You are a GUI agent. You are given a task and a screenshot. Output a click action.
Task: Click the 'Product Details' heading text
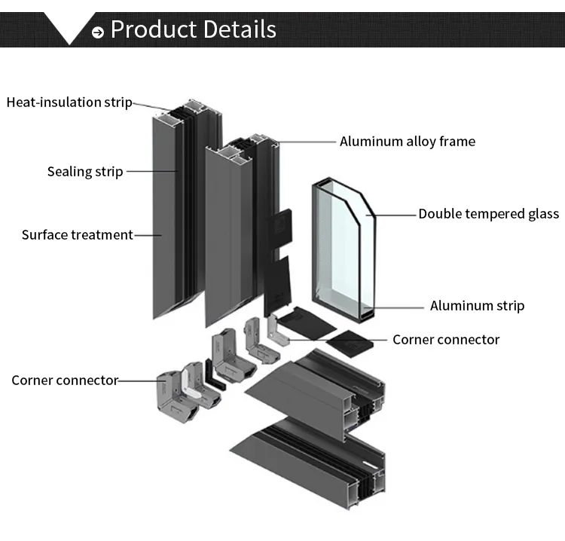193,29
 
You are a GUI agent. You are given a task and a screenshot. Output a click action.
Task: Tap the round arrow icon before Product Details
98,32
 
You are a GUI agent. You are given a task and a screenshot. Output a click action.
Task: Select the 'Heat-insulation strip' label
69,102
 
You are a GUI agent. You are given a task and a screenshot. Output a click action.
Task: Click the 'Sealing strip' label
84,172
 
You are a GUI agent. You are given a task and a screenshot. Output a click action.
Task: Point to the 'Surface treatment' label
77,235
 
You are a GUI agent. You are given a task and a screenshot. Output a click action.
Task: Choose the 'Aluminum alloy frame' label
407,142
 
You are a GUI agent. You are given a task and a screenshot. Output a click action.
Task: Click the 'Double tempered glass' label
488,214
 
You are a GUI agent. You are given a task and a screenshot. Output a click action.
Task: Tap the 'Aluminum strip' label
477,306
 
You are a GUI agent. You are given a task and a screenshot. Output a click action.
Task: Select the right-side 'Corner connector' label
446,340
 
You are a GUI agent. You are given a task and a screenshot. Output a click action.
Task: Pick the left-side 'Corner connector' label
65,381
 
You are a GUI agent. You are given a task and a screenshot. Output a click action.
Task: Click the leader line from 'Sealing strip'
151,172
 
